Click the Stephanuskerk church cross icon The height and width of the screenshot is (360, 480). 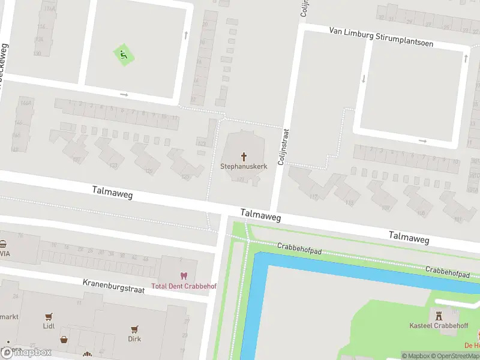(244, 155)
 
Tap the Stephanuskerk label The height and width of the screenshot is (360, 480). (244, 166)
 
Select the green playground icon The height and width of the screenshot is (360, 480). (124, 56)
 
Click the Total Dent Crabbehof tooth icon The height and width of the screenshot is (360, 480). (184, 276)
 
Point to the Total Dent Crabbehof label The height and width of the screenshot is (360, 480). (184, 286)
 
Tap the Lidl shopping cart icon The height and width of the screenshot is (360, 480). (49, 316)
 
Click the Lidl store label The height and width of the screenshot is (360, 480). (49, 326)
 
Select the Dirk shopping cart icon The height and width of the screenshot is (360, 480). (134, 329)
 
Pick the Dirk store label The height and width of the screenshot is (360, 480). (134, 339)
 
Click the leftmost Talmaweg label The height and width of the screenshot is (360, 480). (112, 192)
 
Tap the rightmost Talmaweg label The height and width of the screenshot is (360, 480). (409, 237)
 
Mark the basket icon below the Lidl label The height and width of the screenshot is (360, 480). (64, 340)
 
